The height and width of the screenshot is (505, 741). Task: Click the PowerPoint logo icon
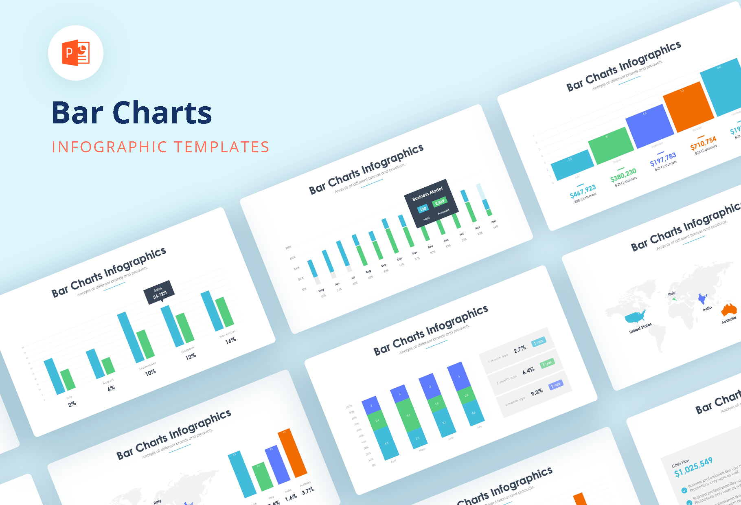pyautogui.click(x=76, y=53)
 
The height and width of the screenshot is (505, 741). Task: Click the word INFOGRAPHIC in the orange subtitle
pyautogui.click(x=110, y=147)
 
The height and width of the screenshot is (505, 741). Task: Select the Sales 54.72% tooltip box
pyautogui.click(x=159, y=292)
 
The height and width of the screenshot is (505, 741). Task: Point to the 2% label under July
pyautogui.click(x=72, y=404)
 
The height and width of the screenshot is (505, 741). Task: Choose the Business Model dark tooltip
pyautogui.click(x=431, y=203)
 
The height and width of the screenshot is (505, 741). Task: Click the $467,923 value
pyautogui.click(x=583, y=190)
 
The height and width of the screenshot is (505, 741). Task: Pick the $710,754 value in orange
pyautogui.click(x=703, y=143)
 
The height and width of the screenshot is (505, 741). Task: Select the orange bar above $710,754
pyautogui.click(x=688, y=107)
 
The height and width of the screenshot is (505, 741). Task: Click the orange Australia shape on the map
pyautogui.click(x=729, y=310)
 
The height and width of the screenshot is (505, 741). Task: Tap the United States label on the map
pyautogui.click(x=640, y=328)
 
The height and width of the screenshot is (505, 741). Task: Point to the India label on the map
pyautogui.click(x=707, y=309)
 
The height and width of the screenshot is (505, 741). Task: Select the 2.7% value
pyautogui.click(x=520, y=349)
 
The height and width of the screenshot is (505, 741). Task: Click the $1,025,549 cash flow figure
pyautogui.click(x=693, y=467)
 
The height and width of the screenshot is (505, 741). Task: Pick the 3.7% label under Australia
pyautogui.click(x=307, y=491)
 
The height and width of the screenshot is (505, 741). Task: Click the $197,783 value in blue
pyautogui.click(x=663, y=159)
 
